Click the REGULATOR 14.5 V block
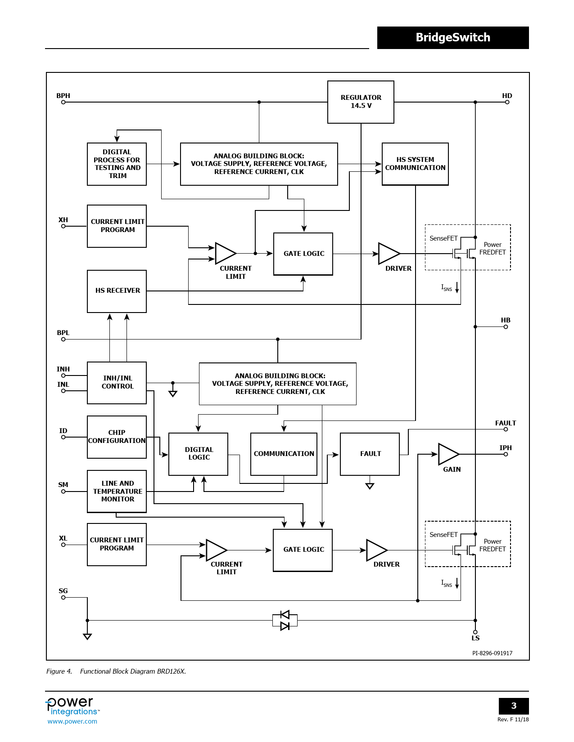click(x=361, y=102)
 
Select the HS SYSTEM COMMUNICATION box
click(x=415, y=164)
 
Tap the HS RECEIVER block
click(x=117, y=291)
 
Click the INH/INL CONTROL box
click(x=117, y=383)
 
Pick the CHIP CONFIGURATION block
click(x=117, y=437)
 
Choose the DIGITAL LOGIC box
click(x=199, y=454)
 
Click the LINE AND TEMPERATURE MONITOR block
click(x=117, y=492)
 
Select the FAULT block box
click(x=370, y=454)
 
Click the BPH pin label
click(x=63, y=96)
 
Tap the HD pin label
click(x=507, y=96)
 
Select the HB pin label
click(x=506, y=320)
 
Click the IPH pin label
click(x=506, y=448)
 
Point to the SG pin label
click(x=63, y=591)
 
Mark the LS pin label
click(x=475, y=638)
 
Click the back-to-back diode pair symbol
click(x=285, y=620)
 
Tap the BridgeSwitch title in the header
click(x=453, y=38)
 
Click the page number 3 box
click(x=514, y=706)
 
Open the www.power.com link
click(x=72, y=721)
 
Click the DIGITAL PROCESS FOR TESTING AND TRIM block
click(x=117, y=164)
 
